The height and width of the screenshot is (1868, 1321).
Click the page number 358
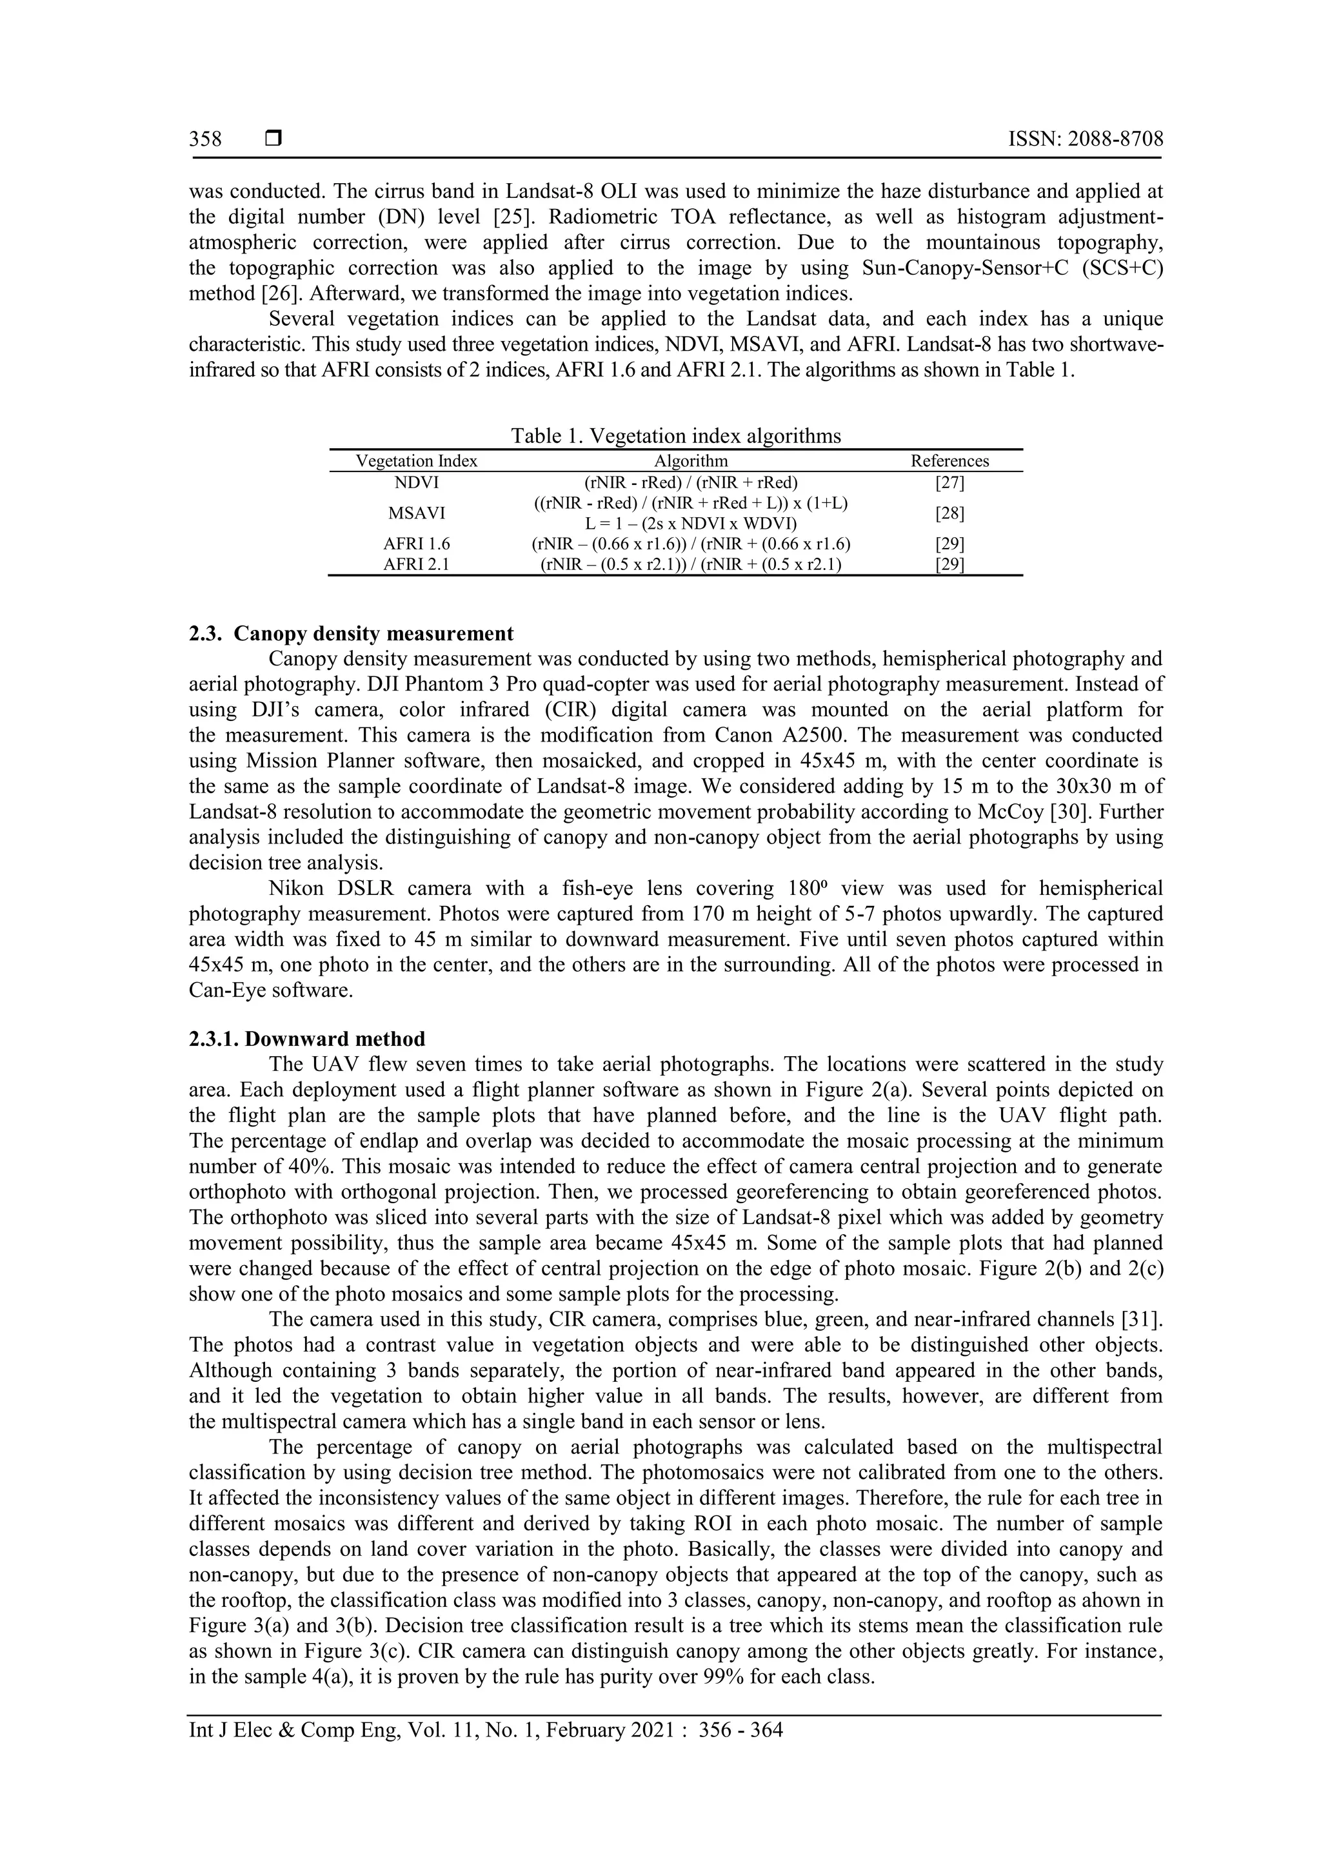pyautogui.click(x=205, y=139)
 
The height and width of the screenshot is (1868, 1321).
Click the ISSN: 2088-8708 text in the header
pyautogui.click(x=1085, y=139)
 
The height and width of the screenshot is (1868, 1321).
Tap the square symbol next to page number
pyautogui.click(x=273, y=139)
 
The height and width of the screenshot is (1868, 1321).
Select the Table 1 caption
pyautogui.click(x=675, y=436)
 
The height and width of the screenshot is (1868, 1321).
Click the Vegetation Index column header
pyautogui.click(x=417, y=460)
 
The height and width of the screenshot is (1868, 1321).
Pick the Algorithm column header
pyautogui.click(x=691, y=460)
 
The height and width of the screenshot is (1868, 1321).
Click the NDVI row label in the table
pyautogui.click(x=417, y=482)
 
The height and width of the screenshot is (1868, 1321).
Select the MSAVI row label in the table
pyautogui.click(x=417, y=513)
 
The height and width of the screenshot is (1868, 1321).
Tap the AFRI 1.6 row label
pyautogui.click(x=417, y=544)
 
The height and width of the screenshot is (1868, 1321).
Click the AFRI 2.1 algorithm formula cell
pyautogui.click(x=691, y=565)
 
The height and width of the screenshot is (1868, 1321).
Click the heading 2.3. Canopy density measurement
pyautogui.click(x=351, y=633)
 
